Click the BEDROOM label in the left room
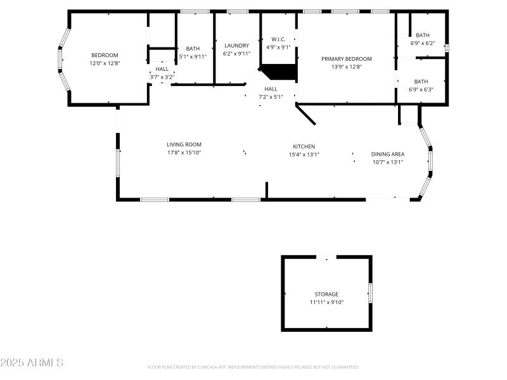pos(105,55)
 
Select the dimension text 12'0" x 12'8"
pos(105,63)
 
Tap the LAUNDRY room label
pos(237,46)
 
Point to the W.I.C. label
pos(278,39)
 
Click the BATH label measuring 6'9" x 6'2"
pos(423,35)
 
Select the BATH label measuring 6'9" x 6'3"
pos(421,82)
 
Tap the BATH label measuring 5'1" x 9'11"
pos(193,48)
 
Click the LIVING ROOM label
pos(184,145)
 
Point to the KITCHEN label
pos(304,146)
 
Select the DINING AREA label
pos(387,154)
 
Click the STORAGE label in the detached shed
pos(326,294)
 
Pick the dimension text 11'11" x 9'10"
pos(326,303)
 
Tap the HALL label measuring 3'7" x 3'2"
pos(162,69)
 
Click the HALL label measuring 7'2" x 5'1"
pos(271,89)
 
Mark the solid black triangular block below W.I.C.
pos(282,72)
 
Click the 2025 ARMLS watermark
pos(32,363)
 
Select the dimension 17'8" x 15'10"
pos(184,153)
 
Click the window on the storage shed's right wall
pos(371,293)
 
